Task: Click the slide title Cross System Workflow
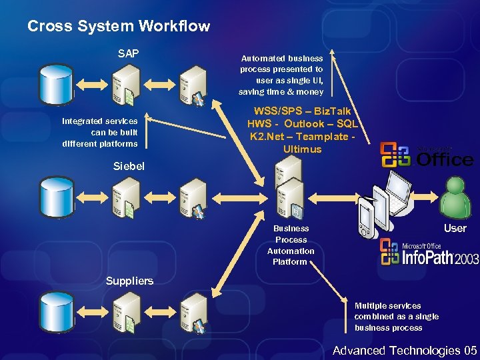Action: pos(119,27)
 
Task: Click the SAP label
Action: pos(128,53)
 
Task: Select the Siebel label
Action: pos(127,166)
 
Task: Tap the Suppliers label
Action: pos(129,281)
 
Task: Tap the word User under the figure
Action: pos(455,228)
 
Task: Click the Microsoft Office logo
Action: pos(427,155)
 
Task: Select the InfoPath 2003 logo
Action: pos(429,253)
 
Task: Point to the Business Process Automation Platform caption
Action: pos(291,245)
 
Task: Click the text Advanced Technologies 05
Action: pos(405,351)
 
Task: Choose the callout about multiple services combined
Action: pos(388,317)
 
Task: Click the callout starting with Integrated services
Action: pos(100,132)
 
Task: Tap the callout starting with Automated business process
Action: pos(281,75)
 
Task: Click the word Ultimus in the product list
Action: pos(302,149)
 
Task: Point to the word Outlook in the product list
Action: pos(309,124)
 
